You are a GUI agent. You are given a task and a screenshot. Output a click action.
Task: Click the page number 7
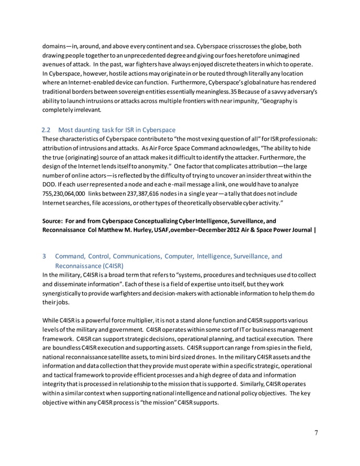point(316,433)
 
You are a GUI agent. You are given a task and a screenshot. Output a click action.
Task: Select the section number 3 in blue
point(45,257)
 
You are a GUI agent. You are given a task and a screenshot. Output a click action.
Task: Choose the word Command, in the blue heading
point(72,257)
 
